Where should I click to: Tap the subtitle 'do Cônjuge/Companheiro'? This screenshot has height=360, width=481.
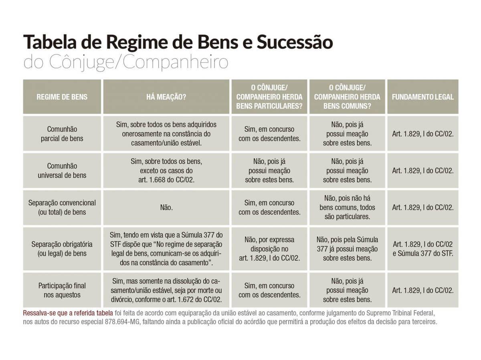point(126,62)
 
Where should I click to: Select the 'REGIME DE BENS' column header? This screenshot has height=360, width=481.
point(62,97)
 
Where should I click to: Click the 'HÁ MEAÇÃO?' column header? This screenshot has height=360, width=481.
point(166,97)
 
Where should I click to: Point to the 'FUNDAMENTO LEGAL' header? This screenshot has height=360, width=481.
point(422,97)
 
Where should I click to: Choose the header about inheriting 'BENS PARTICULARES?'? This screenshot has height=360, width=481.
point(269,97)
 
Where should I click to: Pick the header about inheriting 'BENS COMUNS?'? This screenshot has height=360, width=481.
point(347,97)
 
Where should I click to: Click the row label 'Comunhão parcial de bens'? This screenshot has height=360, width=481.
point(62,134)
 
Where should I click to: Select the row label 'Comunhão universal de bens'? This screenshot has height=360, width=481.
point(62,171)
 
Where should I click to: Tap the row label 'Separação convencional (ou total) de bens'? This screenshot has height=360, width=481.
point(62,207)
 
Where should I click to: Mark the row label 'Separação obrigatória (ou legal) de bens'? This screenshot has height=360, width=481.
point(62,249)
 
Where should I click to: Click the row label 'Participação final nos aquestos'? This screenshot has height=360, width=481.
point(62,290)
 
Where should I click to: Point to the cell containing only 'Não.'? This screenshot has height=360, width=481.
point(166,207)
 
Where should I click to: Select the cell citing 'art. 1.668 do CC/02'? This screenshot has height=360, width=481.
point(166,171)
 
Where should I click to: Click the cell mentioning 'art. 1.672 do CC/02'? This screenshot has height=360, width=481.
point(166,290)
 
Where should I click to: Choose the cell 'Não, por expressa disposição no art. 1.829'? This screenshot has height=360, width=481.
point(269,249)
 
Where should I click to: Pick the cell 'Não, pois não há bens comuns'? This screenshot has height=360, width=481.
point(347,207)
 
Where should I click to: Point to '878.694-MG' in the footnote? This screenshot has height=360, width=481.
point(122,322)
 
